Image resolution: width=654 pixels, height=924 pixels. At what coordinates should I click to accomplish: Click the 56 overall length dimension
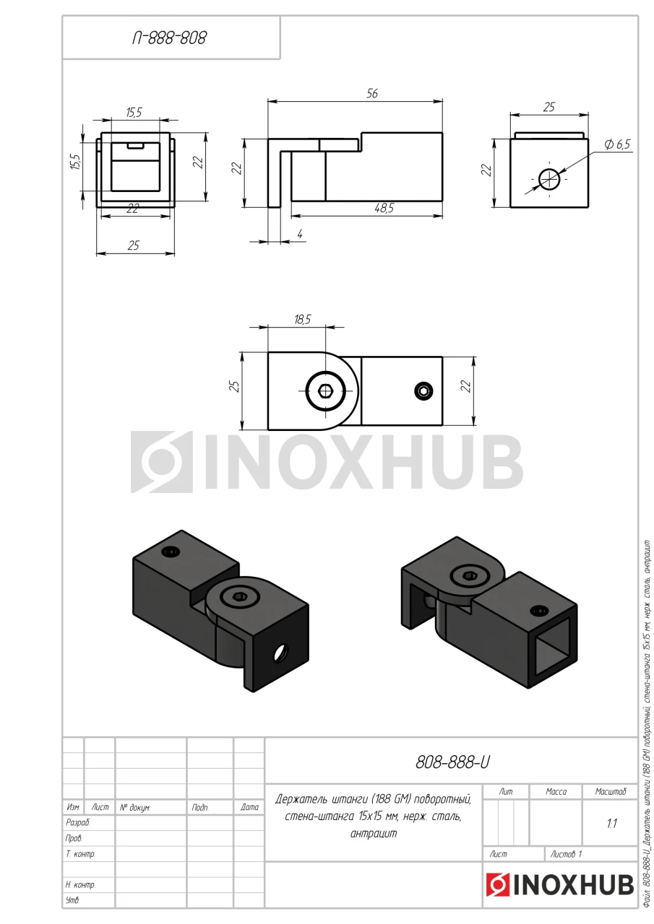(x=372, y=94)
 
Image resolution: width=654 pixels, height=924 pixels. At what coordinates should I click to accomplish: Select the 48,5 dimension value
(x=384, y=209)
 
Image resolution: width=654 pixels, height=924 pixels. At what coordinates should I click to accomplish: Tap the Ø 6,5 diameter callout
(x=617, y=144)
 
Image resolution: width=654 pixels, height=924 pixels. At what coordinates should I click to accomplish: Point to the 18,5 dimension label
(x=302, y=319)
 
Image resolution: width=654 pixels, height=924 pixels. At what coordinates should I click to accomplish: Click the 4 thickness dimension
(x=300, y=234)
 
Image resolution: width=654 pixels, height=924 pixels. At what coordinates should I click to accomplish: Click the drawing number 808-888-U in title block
(x=452, y=762)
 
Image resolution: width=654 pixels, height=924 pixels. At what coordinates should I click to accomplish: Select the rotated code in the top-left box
(x=169, y=38)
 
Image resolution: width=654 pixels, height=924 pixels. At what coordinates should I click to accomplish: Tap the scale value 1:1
(x=612, y=824)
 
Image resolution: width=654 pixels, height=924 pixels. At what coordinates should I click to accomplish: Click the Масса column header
(x=556, y=791)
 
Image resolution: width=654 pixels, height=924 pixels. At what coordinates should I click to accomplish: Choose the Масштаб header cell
(x=610, y=791)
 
